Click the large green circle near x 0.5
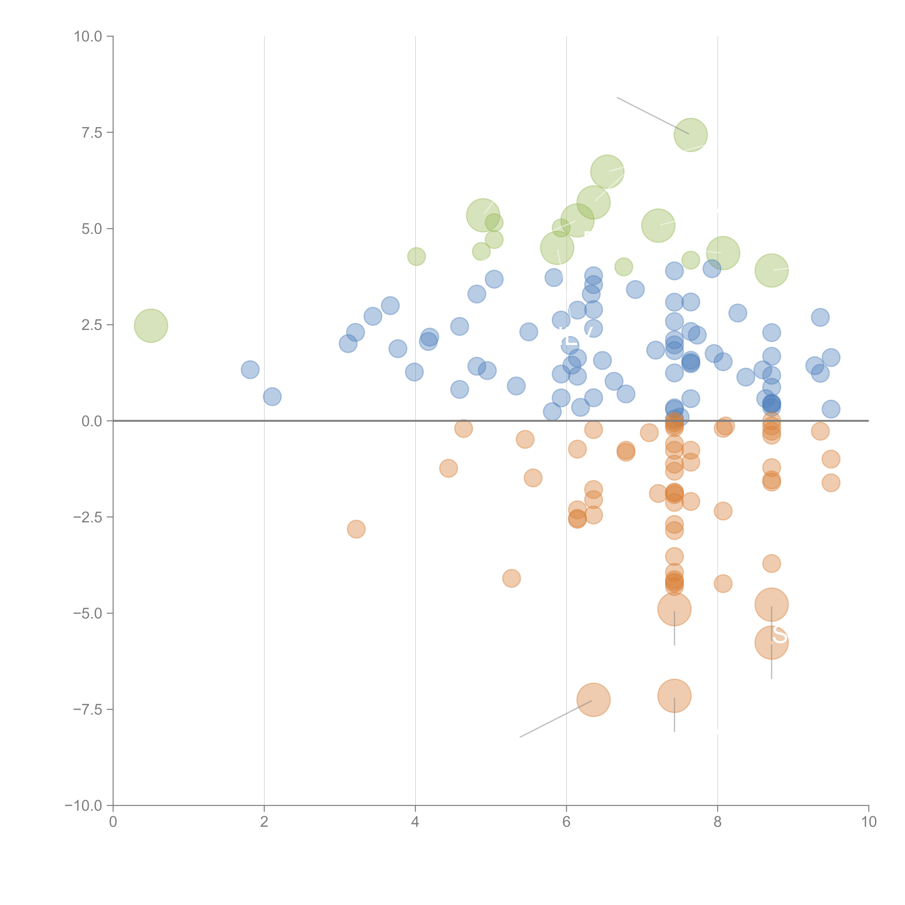[151, 326]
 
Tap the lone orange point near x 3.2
[356, 529]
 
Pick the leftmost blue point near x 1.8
[250, 370]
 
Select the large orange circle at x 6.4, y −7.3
[593, 700]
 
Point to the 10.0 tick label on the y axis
[88, 37]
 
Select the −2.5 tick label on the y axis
[88, 517]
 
